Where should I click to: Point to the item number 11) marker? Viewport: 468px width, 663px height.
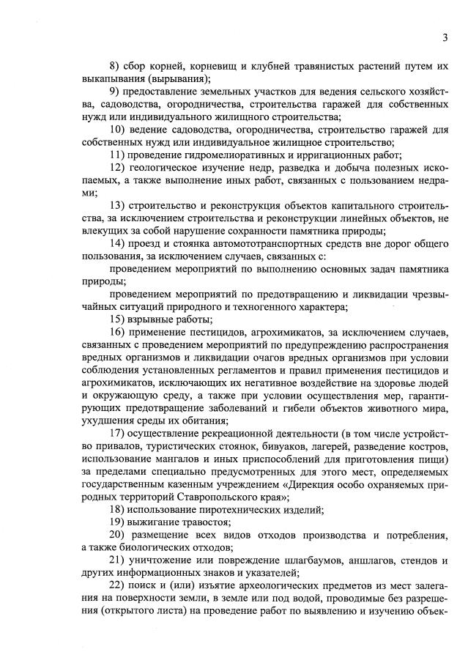pos(116,155)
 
